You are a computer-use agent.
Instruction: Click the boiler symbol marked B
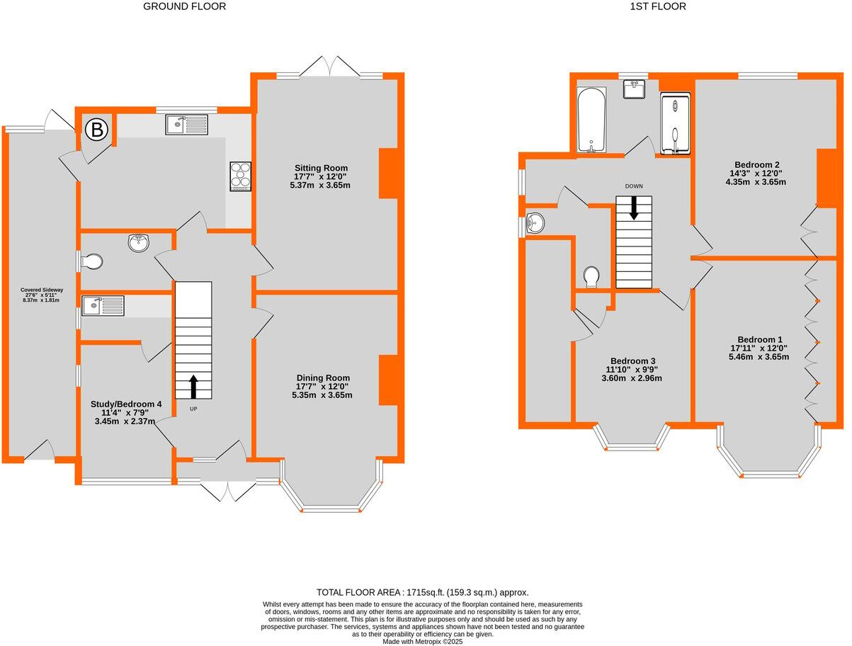(96, 130)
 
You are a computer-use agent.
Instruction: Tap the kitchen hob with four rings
(240, 176)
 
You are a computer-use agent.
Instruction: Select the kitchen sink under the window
(187, 125)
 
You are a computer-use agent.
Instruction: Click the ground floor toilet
(92, 262)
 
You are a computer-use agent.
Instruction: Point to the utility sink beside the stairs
(103, 306)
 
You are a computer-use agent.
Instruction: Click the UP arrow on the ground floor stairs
(193, 387)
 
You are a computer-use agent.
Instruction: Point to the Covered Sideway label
(42, 294)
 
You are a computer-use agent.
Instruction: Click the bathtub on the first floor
(591, 120)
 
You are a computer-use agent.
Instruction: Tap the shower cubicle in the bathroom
(676, 121)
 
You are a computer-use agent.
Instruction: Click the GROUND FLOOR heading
(185, 6)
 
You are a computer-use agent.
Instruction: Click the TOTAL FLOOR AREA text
(422, 592)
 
